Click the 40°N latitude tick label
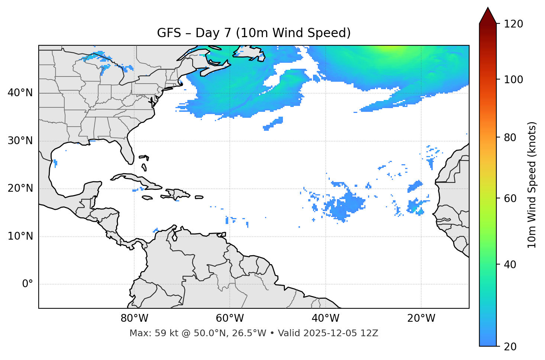click(x=20, y=93)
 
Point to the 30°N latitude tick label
click(x=20, y=141)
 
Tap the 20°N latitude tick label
click(x=20, y=189)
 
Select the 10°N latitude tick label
click(x=20, y=236)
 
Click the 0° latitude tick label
click(x=28, y=284)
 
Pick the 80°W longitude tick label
click(x=134, y=318)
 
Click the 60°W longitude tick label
click(x=230, y=318)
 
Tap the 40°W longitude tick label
click(x=325, y=318)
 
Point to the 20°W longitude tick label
click(x=421, y=318)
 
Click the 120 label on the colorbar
click(x=513, y=24)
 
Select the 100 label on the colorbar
click(x=513, y=80)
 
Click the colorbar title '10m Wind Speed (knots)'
click(x=532, y=185)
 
